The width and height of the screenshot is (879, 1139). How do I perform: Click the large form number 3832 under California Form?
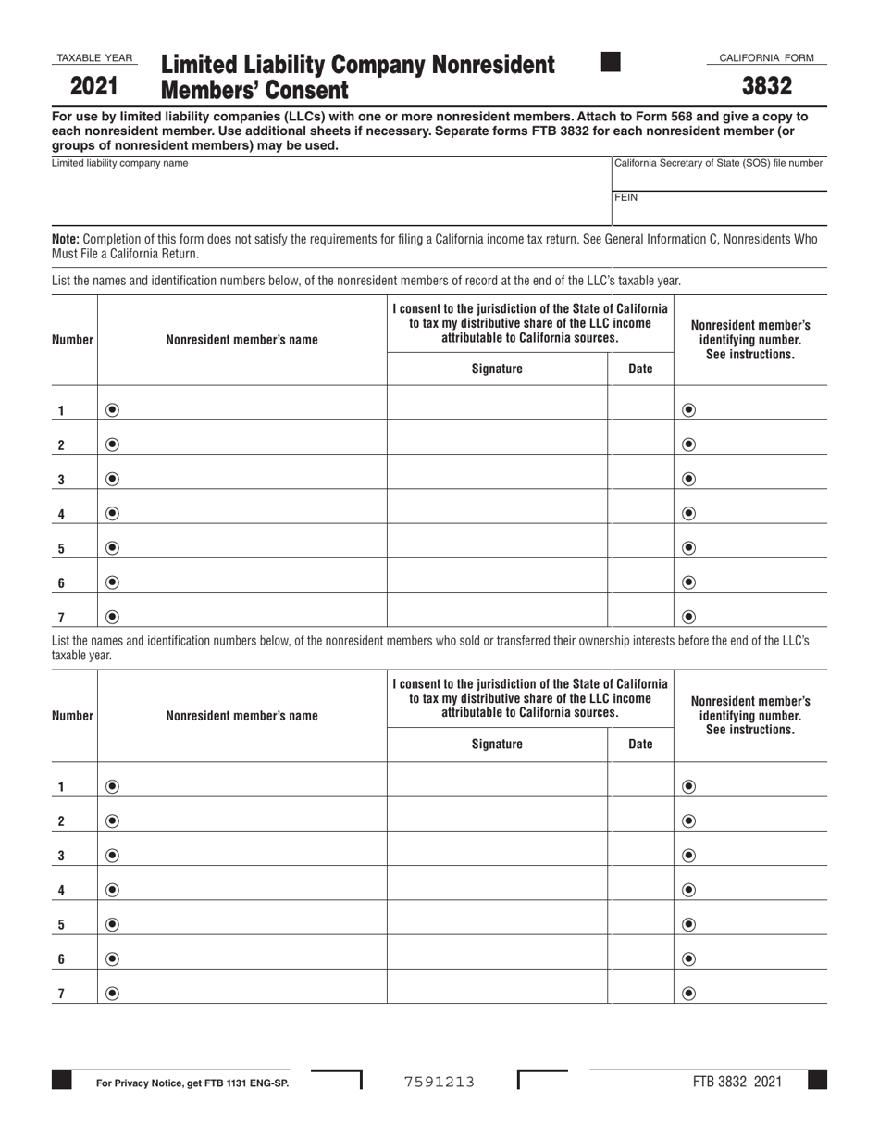click(x=767, y=87)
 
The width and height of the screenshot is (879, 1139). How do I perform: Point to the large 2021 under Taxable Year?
click(x=93, y=88)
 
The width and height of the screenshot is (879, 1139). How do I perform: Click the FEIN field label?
click(x=626, y=197)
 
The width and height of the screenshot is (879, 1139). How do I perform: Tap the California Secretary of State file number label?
click(x=719, y=163)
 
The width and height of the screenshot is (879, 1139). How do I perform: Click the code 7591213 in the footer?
click(x=439, y=1081)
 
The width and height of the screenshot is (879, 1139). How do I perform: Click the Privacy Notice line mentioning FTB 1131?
click(x=192, y=1082)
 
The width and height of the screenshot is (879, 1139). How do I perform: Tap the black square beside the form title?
click(x=611, y=62)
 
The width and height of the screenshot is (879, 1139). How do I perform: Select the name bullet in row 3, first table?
click(x=112, y=479)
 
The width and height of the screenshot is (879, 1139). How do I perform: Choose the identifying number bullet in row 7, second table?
click(x=688, y=994)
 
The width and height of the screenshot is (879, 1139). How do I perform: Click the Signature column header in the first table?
click(x=497, y=369)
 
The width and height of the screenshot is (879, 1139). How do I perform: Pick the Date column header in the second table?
click(x=640, y=744)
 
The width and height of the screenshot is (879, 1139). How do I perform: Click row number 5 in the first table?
click(x=61, y=548)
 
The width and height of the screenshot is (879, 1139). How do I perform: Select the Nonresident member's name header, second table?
click(x=241, y=715)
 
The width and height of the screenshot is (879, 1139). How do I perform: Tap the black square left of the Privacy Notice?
click(x=61, y=1080)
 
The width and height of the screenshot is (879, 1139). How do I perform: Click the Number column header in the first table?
click(x=73, y=340)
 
